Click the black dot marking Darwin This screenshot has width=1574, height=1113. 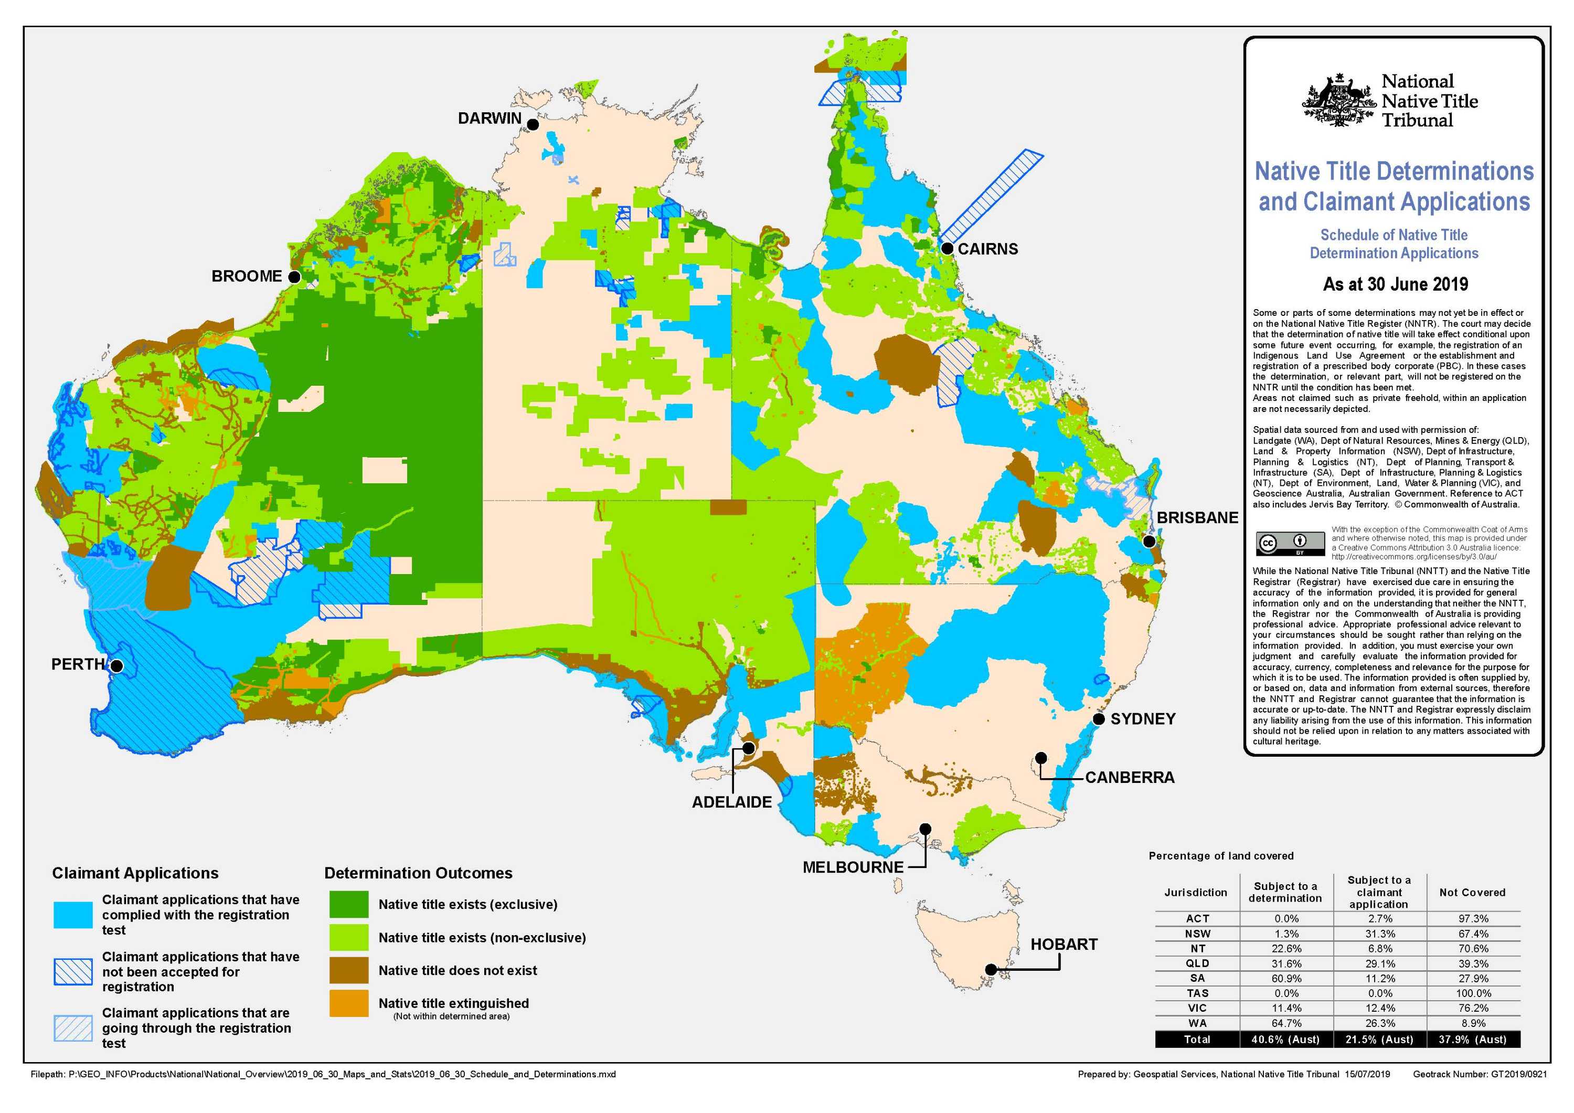[533, 125]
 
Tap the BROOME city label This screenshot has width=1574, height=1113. [246, 277]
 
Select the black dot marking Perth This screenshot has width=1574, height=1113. [116, 666]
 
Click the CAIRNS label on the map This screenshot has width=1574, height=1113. [987, 249]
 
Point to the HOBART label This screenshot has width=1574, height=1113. [1063, 945]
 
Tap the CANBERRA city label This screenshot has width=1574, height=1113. [1129, 778]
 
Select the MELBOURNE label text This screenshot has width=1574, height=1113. [853, 867]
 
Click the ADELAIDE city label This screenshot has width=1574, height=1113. [731, 802]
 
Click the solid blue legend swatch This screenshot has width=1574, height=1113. [73, 915]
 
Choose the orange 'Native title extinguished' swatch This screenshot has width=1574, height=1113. [348, 1003]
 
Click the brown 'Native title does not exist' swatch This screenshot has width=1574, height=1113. [348, 970]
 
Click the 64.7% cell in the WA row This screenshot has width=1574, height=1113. [1285, 1023]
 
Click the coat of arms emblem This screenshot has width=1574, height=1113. [1338, 101]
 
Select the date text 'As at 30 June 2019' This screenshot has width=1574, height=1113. [1395, 284]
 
